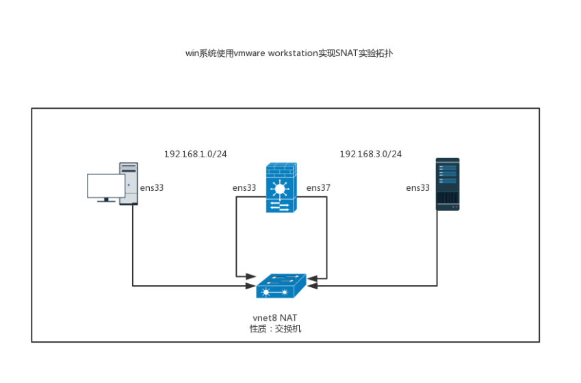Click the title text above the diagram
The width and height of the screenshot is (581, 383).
coord(289,53)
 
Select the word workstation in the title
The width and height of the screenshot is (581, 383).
coord(292,53)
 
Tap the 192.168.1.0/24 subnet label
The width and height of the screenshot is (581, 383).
coord(195,155)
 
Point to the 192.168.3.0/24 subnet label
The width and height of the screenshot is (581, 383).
coord(371,155)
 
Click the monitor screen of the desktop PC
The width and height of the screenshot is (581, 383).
coord(105,185)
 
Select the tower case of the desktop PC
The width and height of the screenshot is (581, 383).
coord(129,183)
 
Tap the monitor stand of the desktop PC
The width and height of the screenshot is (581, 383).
coord(105,200)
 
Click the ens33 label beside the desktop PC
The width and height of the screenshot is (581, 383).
coord(152,188)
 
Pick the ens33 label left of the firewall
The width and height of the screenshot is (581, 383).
coord(244,188)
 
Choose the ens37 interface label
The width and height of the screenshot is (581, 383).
coord(318,188)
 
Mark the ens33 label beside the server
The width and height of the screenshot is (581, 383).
coord(418,188)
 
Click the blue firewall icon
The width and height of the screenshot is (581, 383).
coord(281,188)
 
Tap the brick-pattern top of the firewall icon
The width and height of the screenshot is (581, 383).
coord(281,169)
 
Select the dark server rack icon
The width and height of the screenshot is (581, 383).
coord(448,184)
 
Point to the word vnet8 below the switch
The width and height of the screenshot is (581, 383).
coord(264,318)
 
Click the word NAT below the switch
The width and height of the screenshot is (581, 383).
coord(288,318)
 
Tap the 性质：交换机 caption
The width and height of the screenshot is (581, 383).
coord(275,329)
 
